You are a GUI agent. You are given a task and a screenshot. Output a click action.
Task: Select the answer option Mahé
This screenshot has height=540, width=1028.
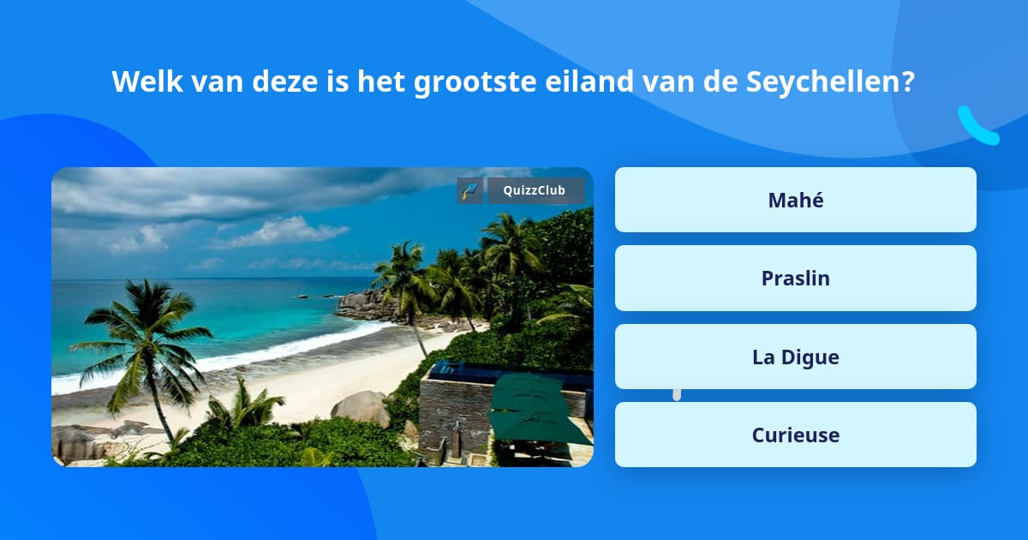[795, 200]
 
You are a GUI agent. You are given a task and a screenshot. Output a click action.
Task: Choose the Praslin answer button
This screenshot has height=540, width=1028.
[795, 278]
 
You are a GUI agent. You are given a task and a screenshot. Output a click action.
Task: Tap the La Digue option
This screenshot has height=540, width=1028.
[795, 357]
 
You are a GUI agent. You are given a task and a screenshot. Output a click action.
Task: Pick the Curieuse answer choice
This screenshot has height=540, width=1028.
[795, 435]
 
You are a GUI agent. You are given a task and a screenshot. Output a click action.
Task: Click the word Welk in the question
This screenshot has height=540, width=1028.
[140, 82]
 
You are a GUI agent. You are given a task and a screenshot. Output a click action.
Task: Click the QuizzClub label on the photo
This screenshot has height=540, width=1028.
[535, 190]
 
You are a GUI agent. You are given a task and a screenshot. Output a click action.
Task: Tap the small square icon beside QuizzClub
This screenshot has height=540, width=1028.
[469, 190]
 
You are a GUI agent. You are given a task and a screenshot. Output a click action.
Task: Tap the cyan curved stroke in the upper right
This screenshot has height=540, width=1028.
[977, 126]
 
